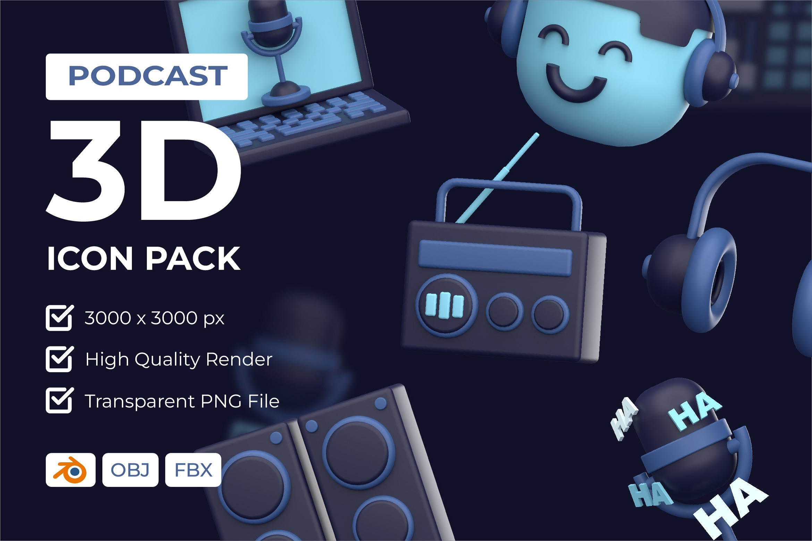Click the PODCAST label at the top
(147, 77)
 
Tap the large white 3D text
(143, 171)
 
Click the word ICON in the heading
(90, 258)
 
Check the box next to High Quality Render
(59, 359)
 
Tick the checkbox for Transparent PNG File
(59, 400)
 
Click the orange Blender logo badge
(70, 470)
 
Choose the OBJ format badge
(130, 470)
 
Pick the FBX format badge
(193, 470)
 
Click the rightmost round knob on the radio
(550, 315)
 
